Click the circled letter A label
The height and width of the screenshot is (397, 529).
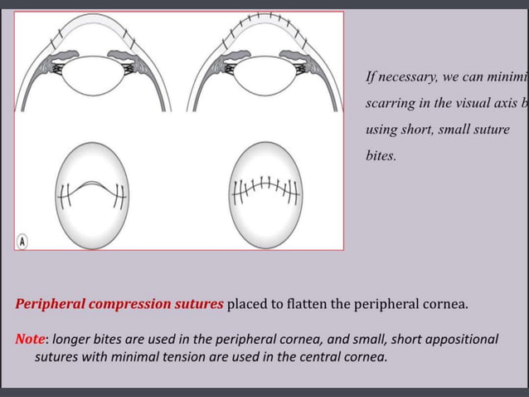23,241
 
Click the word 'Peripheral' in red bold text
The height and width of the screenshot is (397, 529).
49,304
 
